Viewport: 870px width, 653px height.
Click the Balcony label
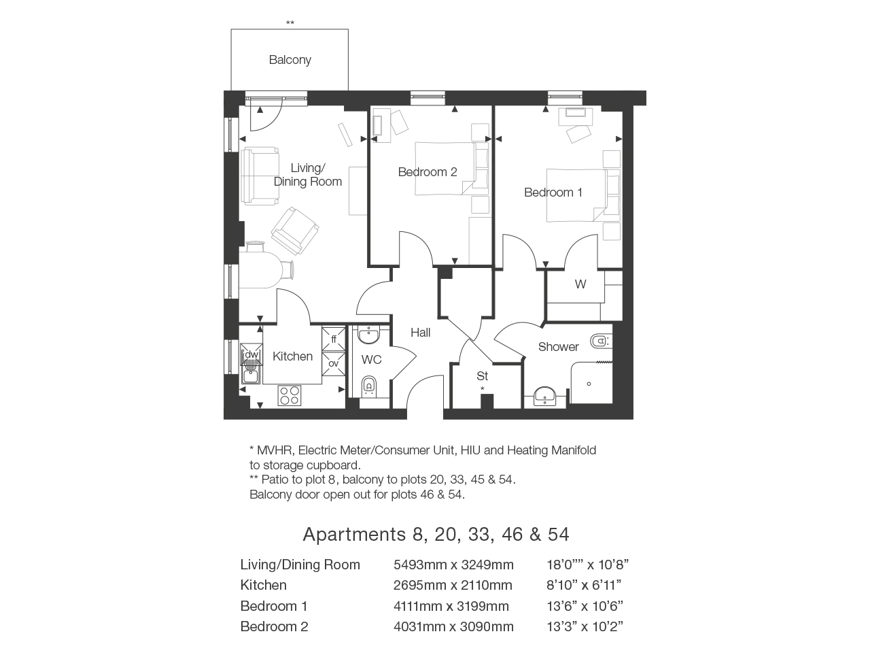[x=290, y=60]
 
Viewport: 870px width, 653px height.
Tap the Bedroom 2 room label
[x=428, y=172]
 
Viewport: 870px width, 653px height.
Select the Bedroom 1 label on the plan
[x=553, y=192]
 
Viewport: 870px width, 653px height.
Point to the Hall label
[x=420, y=332]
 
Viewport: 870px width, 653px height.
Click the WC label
[x=371, y=360]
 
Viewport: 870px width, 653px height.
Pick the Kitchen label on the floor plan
[x=292, y=356]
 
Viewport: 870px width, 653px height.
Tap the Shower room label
[x=559, y=347]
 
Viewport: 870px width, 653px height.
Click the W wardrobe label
[x=580, y=284]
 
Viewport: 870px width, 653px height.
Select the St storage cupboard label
[x=483, y=376]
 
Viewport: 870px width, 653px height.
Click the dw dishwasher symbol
[x=251, y=354]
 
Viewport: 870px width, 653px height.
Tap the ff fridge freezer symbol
[x=333, y=339]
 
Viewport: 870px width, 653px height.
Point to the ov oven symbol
[x=333, y=363]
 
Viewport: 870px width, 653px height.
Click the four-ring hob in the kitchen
[x=290, y=395]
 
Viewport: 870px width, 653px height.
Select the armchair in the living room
[x=295, y=231]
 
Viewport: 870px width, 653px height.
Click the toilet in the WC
[x=368, y=386]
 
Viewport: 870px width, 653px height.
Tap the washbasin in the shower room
[x=544, y=396]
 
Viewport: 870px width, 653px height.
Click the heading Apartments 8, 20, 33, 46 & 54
[x=436, y=534]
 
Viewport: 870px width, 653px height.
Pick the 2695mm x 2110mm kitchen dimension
[x=453, y=585]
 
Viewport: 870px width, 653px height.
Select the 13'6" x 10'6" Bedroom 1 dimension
[x=585, y=606]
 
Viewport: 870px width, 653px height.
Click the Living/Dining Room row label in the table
[x=300, y=565]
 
